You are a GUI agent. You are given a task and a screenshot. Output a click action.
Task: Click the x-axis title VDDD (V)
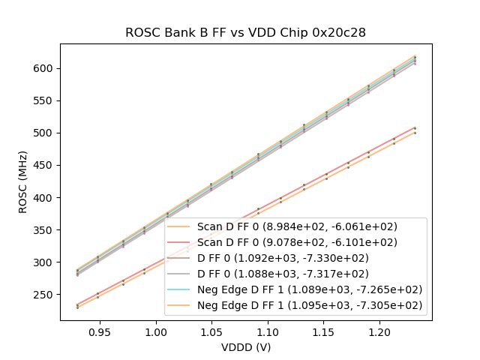[x=245, y=347]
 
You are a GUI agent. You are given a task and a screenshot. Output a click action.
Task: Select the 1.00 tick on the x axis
[x=156, y=330]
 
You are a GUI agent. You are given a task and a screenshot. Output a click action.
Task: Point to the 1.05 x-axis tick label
[x=211, y=330]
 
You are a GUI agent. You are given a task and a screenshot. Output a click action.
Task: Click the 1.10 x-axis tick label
[x=268, y=330]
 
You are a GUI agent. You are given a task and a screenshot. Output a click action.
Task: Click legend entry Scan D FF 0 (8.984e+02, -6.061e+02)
[x=297, y=226]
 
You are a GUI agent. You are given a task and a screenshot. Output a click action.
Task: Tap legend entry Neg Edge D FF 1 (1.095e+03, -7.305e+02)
[x=310, y=305]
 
